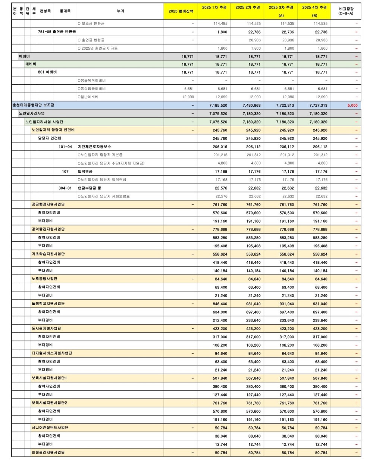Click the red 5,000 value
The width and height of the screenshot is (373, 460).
(x=352, y=106)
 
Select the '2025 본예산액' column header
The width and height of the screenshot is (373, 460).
(x=181, y=11)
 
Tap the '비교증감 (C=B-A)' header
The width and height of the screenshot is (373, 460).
(x=346, y=11)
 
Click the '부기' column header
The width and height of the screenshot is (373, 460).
(x=120, y=11)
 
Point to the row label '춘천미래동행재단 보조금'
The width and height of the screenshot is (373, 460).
(x=33, y=105)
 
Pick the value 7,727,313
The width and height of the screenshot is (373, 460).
(x=318, y=106)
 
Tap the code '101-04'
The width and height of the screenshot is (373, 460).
(x=65, y=147)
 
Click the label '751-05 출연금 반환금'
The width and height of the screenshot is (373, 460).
(x=57, y=32)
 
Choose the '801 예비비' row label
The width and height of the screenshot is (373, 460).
(x=47, y=72)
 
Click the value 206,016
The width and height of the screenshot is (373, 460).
(x=220, y=147)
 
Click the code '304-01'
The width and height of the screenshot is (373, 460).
(x=65, y=188)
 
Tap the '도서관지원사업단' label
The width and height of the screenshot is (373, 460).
(x=46, y=328)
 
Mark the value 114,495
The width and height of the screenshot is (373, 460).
(x=220, y=24)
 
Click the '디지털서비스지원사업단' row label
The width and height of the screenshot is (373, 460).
(x=52, y=353)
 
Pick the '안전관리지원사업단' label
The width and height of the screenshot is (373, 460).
(x=48, y=452)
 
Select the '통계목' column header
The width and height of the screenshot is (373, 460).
(x=65, y=11)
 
